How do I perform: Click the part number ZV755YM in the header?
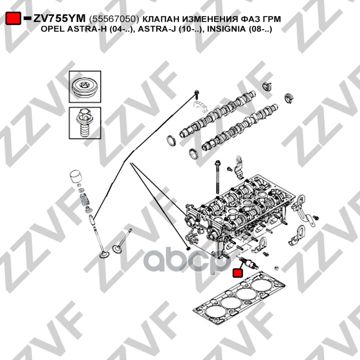(59, 19)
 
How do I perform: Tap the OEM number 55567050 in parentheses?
(115, 19)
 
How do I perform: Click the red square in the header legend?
(13, 19)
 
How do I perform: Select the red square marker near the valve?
(237, 273)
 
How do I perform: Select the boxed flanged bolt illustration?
(86, 124)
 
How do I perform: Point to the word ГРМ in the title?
(270, 19)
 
